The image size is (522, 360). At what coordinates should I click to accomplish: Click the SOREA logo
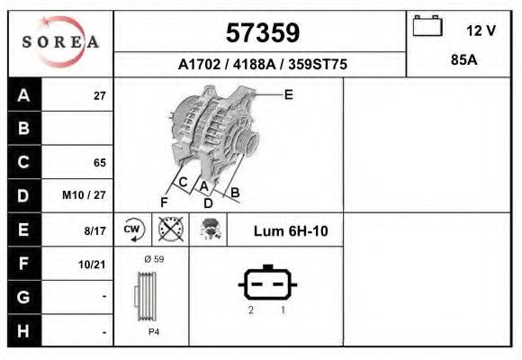pyautogui.click(x=60, y=42)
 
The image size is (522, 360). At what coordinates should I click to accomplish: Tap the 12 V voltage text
pyautogui.click(x=481, y=31)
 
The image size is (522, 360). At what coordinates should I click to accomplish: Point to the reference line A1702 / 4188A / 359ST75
pyautogui.click(x=262, y=65)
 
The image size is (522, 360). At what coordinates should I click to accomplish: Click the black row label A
pyautogui.click(x=24, y=95)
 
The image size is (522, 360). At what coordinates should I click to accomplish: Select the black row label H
pyautogui.click(x=24, y=330)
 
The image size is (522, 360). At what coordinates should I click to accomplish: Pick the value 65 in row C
pyautogui.click(x=99, y=163)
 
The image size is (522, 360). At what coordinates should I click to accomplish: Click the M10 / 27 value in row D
pyautogui.click(x=85, y=195)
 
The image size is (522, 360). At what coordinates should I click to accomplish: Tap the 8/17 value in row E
pyautogui.click(x=94, y=231)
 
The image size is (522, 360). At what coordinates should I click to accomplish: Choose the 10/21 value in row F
pyautogui.click(x=92, y=263)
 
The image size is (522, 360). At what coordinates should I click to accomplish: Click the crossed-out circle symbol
pyautogui.click(x=169, y=230)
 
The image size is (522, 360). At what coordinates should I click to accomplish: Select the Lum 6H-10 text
pyautogui.click(x=291, y=231)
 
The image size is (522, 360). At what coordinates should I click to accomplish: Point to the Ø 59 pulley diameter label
pyautogui.click(x=152, y=259)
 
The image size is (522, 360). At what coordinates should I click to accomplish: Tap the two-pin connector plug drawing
pyautogui.click(x=267, y=284)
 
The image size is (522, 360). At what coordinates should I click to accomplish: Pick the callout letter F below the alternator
pyautogui.click(x=164, y=201)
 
